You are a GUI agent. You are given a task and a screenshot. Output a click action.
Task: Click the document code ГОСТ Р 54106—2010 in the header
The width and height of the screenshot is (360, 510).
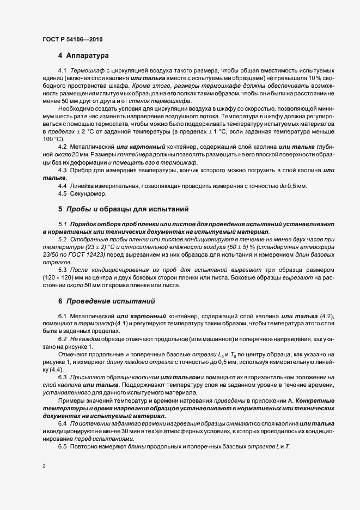[x=72, y=40]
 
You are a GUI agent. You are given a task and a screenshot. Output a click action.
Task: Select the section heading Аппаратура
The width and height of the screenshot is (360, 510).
[x=88, y=56]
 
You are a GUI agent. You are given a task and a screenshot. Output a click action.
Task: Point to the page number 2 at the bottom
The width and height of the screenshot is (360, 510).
[x=44, y=466]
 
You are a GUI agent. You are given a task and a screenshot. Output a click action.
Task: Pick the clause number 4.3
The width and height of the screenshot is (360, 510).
[x=62, y=171]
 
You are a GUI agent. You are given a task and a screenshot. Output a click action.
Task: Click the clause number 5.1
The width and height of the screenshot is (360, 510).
[x=62, y=224]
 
